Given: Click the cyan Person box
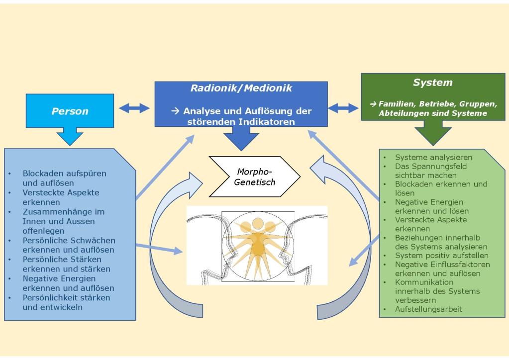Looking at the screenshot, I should click(70, 111).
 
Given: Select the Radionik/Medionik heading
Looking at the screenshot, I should click(241, 89).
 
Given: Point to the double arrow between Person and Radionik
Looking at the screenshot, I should click(134, 108).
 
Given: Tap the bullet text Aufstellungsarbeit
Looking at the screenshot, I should click(428, 309).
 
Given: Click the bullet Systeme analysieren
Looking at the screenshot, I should click(433, 157).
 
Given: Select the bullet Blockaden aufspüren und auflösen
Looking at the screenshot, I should click(64, 178).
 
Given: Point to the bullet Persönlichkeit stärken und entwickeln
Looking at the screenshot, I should click(66, 302).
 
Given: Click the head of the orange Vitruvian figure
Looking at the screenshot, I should click(258, 222).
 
